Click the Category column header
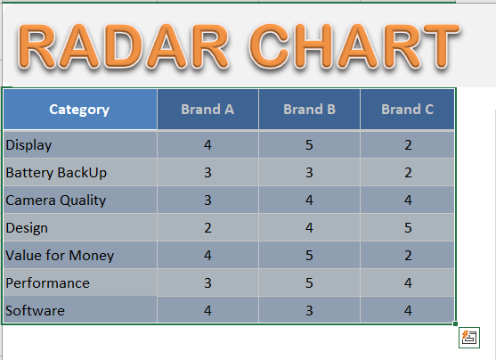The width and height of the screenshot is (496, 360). (x=79, y=110)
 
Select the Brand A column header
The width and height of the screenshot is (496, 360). (x=207, y=110)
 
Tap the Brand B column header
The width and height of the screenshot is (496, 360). (x=309, y=110)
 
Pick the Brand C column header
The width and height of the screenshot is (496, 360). (x=408, y=110)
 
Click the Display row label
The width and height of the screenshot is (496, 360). (x=28, y=145)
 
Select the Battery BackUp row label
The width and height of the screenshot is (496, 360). (x=56, y=173)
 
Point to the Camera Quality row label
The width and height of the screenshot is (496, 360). (x=56, y=200)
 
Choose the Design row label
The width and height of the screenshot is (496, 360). (x=27, y=228)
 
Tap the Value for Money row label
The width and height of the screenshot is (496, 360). (x=60, y=256)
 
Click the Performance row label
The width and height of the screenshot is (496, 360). (x=48, y=283)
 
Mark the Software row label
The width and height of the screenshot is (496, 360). (x=35, y=311)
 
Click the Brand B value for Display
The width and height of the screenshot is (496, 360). (x=309, y=145)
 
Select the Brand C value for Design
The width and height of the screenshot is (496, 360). (x=408, y=228)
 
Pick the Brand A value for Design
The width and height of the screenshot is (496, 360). (x=207, y=228)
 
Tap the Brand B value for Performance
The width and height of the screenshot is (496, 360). (x=309, y=283)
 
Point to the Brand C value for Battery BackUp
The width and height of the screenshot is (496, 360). (x=408, y=173)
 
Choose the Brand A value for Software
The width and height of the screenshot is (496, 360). (x=207, y=311)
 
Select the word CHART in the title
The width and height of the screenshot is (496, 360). (x=354, y=46)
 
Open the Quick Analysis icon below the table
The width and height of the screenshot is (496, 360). (x=469, y=338)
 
